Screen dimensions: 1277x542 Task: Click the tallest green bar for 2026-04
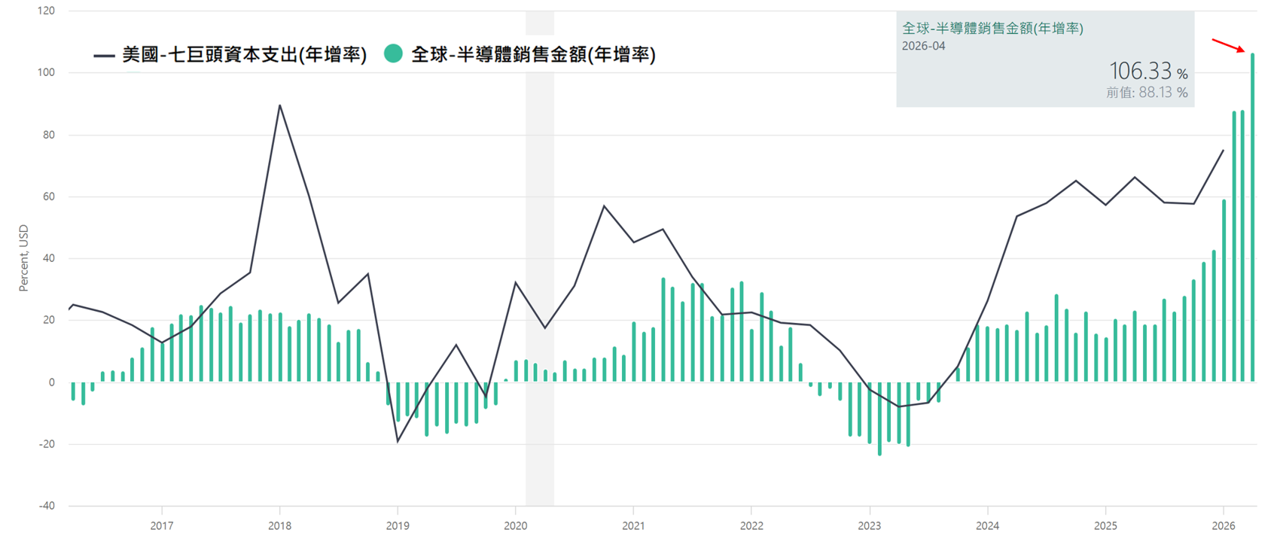point(1252,217)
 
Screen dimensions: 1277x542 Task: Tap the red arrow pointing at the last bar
point(1228,46)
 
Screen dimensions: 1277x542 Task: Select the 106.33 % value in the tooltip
point(1148,72)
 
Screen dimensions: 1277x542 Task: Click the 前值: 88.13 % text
point(1147,93)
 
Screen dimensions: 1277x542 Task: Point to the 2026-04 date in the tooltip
point(923,46)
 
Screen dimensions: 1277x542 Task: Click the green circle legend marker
point(393,53)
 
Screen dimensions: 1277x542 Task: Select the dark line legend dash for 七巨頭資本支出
point(105,55)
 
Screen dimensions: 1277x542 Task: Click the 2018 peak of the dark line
point(279,105)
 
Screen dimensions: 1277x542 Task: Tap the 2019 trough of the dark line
point(398,441)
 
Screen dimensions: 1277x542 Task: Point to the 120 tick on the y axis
point(46,11)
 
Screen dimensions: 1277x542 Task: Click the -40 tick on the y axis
point(46,506)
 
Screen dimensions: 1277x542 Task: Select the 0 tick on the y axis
point(52,382)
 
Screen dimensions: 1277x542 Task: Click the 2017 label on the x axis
point(162,525)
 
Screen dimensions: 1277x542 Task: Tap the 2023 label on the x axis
point(870,525)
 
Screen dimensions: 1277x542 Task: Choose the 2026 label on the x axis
point(1224,525)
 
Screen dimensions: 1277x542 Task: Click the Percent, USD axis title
point(23,258)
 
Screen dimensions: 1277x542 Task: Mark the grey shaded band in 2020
point(539,258)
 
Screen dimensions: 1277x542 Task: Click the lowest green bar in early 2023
point(879,419)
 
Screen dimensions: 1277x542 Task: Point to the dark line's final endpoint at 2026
point(1223,151)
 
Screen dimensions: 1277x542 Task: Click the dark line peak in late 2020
point(604,206)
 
